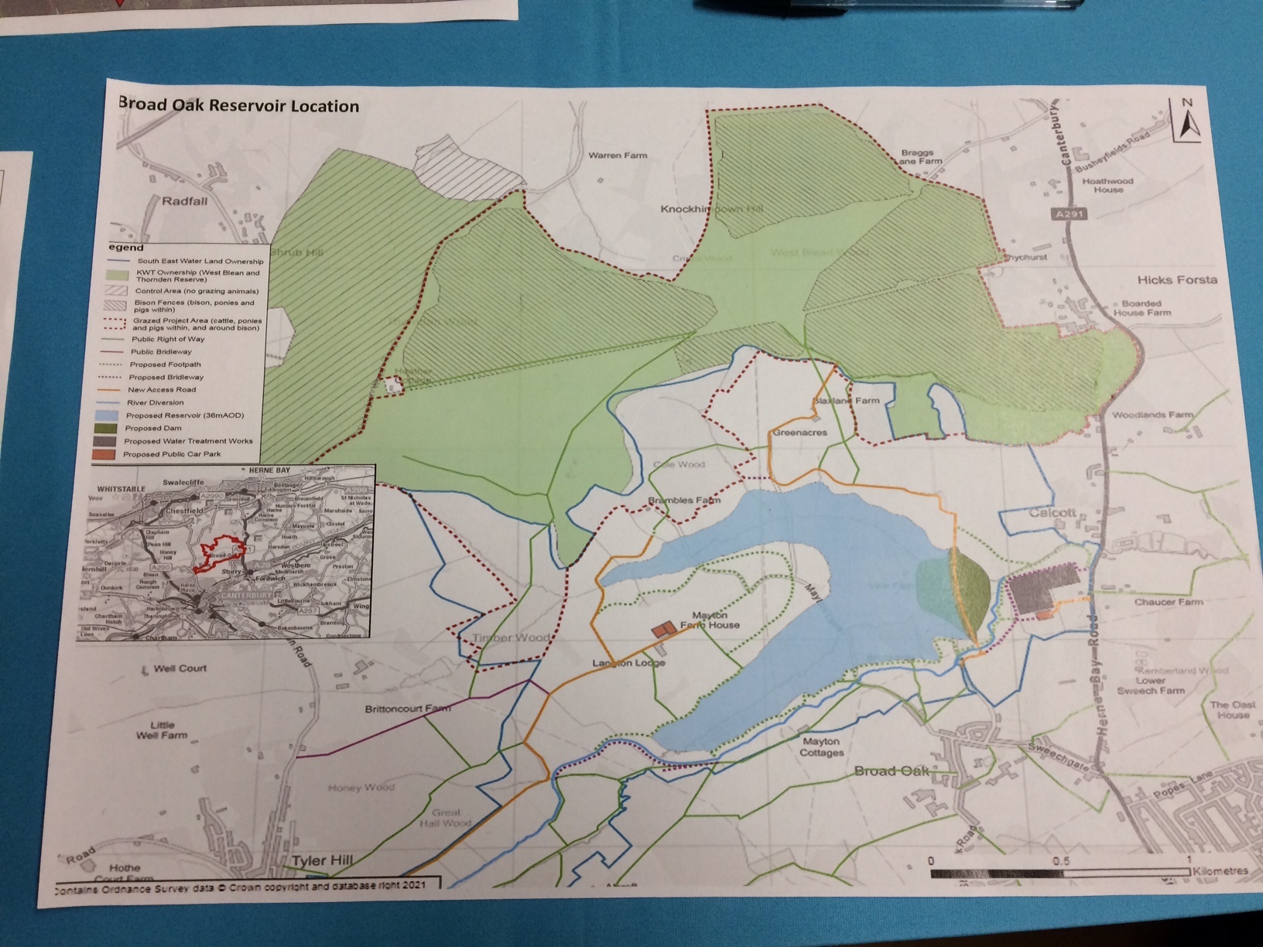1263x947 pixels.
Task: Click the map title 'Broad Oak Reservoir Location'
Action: [238, 105]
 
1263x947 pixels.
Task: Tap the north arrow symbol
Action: [1186, 122]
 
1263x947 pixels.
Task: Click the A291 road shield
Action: [1070, 211]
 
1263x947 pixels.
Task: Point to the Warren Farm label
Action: [618, 156]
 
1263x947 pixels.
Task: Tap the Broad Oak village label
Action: [890, 771]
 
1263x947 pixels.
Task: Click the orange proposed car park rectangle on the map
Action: [661, 631]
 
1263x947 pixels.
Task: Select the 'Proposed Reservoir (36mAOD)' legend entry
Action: [186, 415]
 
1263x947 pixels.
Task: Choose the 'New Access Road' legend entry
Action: [161, 390]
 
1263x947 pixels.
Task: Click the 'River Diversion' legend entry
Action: [156, 402]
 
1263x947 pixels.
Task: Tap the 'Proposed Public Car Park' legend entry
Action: [172, 454]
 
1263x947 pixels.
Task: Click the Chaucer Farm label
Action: [1168, 602]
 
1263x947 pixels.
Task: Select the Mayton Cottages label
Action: [820, 747]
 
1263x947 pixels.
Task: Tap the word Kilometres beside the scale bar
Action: [1220, 870]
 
